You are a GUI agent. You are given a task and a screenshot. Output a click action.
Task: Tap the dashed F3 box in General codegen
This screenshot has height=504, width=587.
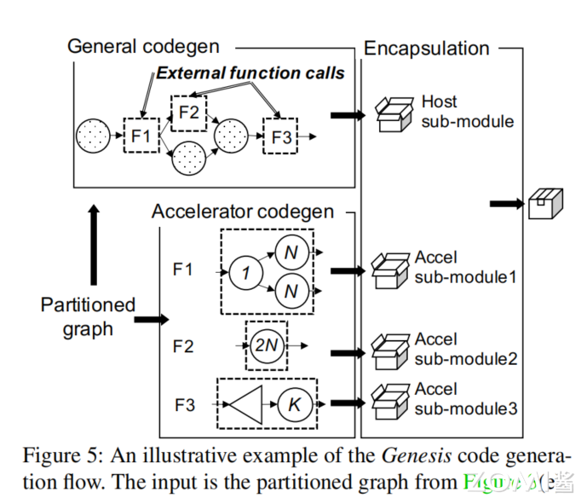[280, 136]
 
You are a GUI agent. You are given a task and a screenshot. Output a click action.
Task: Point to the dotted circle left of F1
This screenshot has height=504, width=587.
[93, 136]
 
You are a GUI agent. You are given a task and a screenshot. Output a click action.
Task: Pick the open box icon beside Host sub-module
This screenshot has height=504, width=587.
[393, 113]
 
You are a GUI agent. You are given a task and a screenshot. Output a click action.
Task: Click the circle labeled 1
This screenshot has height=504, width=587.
[245, 272]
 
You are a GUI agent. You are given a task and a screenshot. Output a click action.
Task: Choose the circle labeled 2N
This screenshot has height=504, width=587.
[267, 345]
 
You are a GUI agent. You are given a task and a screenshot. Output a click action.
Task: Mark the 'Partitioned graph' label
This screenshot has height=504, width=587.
[88, 316]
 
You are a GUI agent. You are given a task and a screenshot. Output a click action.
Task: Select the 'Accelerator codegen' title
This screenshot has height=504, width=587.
[242, 211]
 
